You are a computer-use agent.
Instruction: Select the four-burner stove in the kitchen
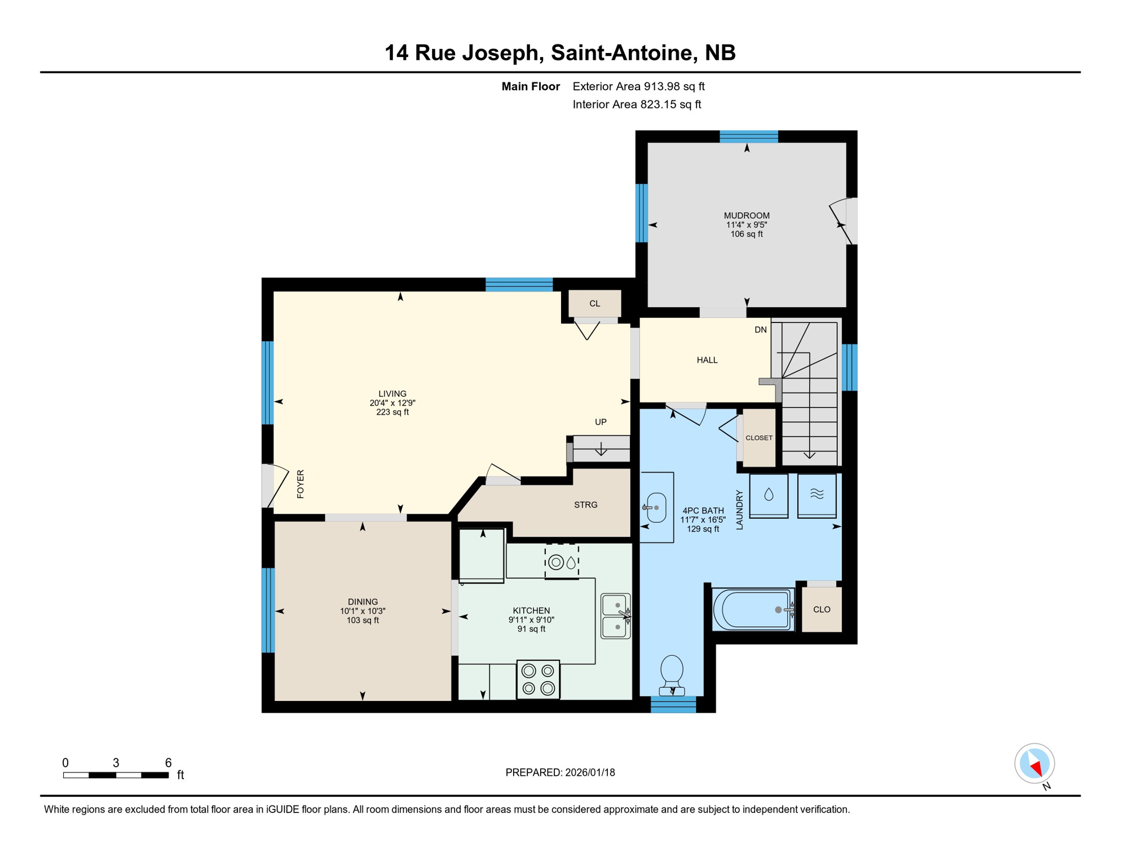coord(538,679)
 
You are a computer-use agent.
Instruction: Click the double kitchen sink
coord(615,616)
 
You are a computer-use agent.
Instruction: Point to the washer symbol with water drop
coord(769,495)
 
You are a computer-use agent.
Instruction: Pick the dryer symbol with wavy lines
coord(817,495)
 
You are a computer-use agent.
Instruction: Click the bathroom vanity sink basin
coord(656,507)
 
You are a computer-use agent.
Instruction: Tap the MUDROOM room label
coord(747,215)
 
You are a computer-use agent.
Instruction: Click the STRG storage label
coord(585,505)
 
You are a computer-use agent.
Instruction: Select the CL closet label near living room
coord(594,303)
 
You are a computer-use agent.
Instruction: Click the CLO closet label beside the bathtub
coord(822,609)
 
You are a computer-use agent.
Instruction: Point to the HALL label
coord(707,360)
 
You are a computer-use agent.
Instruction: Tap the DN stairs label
coord(760,330)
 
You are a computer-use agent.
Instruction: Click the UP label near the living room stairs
coord(601,422)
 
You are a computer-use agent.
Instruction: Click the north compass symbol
coord(1034,764)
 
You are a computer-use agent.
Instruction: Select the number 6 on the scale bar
coord(168,762)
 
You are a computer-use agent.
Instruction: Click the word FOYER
coord(301,484)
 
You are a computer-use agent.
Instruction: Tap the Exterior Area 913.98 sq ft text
coord(638,86)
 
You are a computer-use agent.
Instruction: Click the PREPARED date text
coord(560,772)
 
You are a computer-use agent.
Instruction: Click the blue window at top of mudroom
coord(748,136)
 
